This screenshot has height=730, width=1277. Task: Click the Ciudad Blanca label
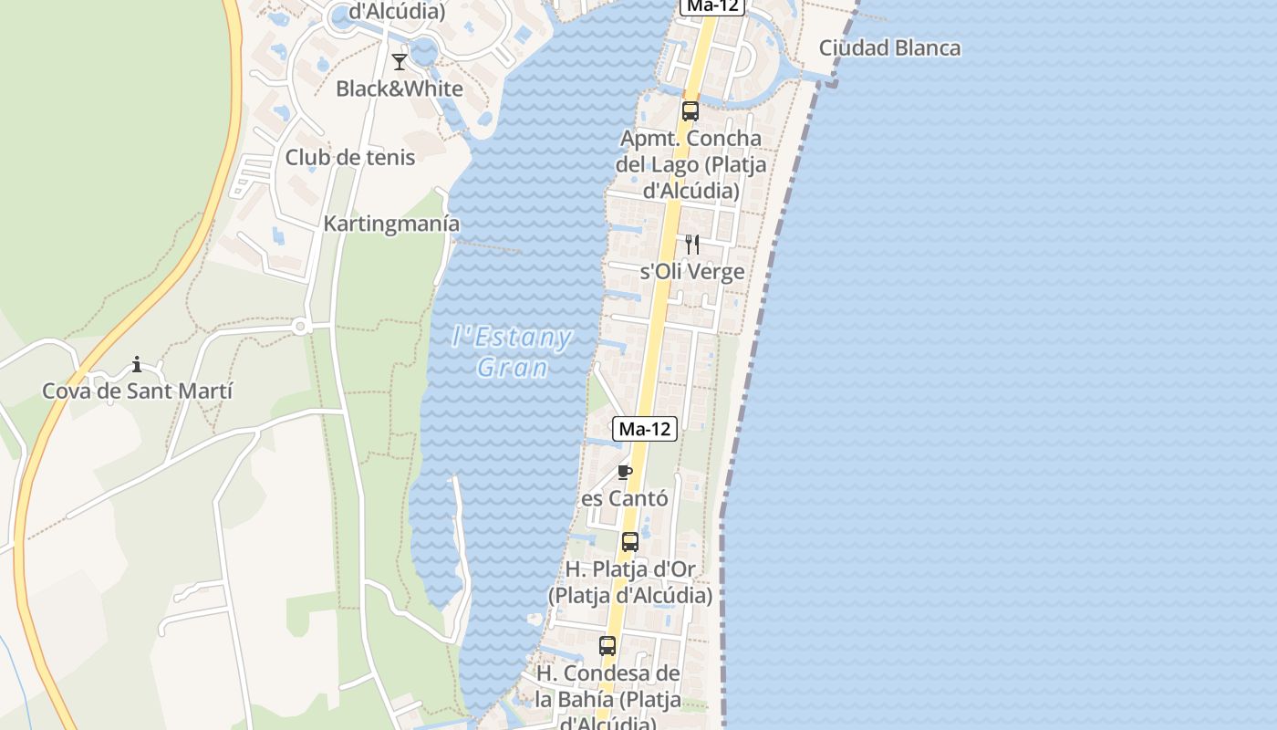[889, 48]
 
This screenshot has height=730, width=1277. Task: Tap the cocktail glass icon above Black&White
[400, 62]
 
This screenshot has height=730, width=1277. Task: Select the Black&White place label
[400, 89]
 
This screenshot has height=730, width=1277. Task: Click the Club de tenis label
[350, 157]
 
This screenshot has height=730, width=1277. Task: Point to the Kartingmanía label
[391, 224]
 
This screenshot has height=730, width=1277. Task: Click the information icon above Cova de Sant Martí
[137, 365]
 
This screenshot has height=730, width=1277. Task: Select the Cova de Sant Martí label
[138, 391]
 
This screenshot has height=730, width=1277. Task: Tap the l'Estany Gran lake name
[512, 352]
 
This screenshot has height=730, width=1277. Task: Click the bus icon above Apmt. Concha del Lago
[690, 111]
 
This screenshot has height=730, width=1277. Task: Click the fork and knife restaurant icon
[692, 244]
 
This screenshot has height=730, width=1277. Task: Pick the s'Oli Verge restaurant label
[692, 272]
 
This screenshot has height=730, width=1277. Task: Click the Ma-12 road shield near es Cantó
[646, 429]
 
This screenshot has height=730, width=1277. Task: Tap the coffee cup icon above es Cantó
[625, 472]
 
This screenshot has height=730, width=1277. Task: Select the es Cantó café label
[625, 499]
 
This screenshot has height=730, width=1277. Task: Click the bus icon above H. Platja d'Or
[630, 541]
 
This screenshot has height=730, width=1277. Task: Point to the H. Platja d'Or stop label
[630, 582]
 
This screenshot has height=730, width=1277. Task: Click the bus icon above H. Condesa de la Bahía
[607, 646]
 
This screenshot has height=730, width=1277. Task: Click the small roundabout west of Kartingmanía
[299, 325]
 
